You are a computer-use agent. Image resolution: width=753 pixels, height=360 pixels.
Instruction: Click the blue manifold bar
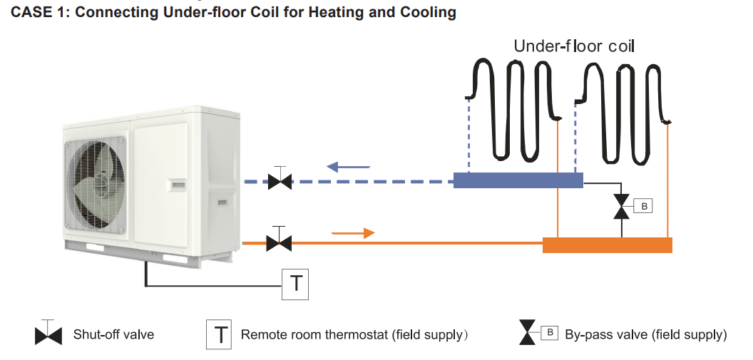pos(518,180)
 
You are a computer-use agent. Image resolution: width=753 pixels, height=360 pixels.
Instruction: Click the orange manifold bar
pos(607,245)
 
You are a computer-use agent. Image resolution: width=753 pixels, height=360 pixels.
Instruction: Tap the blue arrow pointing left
pos(348,167)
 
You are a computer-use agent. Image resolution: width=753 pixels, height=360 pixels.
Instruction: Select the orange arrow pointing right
pos(353,233)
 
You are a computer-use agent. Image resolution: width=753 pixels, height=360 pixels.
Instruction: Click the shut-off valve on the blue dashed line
pos(280,182)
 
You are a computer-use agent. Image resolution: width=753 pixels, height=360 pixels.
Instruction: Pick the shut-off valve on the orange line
pos(278,243)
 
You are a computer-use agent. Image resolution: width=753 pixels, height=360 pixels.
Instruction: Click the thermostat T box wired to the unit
pos(295,283)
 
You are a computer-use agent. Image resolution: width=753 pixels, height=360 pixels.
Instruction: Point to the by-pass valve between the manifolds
pos(621,207)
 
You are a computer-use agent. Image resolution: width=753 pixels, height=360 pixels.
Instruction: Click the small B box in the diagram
pos(642,207)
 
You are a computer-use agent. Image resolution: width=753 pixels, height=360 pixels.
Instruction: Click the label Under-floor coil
pos(574,47)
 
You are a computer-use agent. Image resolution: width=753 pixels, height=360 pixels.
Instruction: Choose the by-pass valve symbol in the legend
pos(527,334)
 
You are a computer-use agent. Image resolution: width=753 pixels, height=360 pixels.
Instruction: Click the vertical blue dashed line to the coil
pos(468,135)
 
